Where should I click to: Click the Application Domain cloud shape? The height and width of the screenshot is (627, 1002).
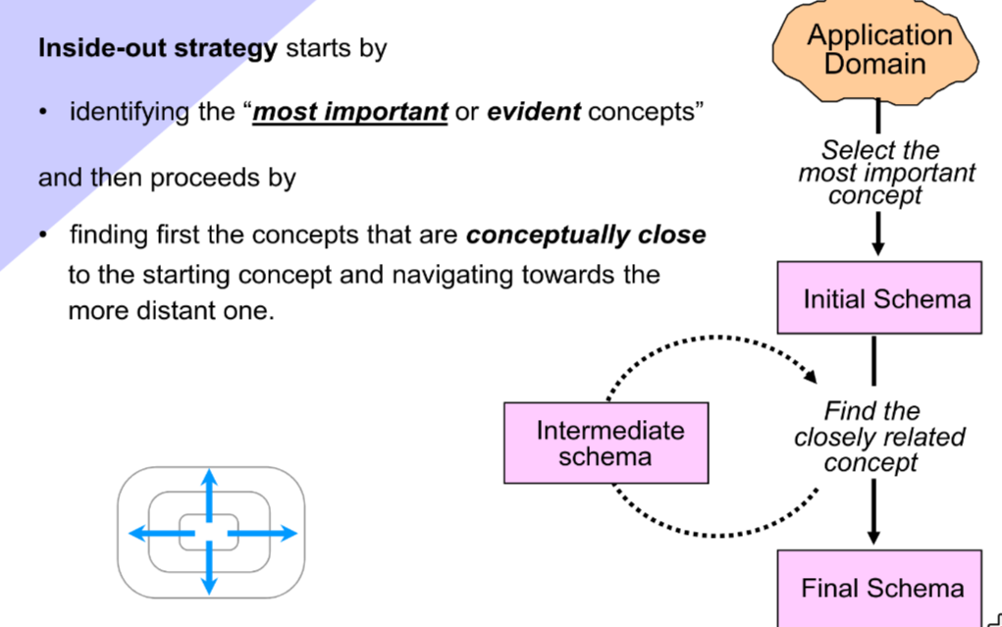(x=878, y=51)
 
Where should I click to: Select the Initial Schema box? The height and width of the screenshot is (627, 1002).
(x=878, y=297)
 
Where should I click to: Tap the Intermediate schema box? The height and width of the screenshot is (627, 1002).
(x=606, y=443)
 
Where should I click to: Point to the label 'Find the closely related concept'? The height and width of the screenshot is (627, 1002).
(x=880, y=437)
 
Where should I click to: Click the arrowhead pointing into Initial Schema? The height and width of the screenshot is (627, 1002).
(x=877, y=245)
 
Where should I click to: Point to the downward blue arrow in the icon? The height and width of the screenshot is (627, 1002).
(x=208, y=574)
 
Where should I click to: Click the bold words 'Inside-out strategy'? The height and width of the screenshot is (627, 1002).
(x=157, y=48)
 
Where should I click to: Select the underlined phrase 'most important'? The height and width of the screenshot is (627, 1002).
(x=350, y=112)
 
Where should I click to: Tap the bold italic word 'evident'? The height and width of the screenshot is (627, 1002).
(x=534, y=112)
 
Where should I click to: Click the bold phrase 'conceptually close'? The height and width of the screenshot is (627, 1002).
(x=586, y=235)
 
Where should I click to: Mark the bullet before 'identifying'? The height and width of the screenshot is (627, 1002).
(x=43, y=113)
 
